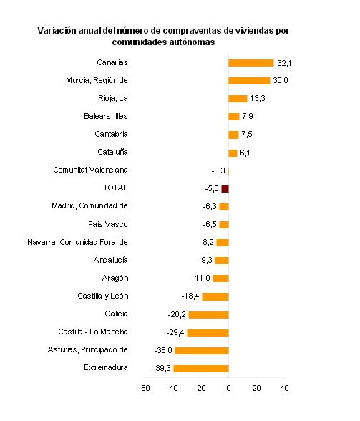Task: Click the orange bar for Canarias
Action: coord(251,63)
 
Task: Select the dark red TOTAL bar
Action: coord(225,189)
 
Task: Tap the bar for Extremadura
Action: coord(201,369)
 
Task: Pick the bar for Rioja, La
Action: coord(238,99)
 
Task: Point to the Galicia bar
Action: coord(208,315)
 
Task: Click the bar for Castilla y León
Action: coord(215,296)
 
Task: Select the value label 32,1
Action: coord(284,63)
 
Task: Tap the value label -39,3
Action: coord(162,368)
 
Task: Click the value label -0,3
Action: coord(218,170)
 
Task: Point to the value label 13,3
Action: coord(258,99)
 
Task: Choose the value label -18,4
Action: coord(190,296)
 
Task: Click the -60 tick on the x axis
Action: coord(144,388)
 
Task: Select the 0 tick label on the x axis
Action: coord(228,388)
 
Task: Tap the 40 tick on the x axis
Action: coord(284,388)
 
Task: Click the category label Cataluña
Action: coord(112,152)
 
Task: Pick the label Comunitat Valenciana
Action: coord(90,170)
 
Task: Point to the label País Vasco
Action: coord(107,224)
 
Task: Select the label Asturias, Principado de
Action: coord(87,349)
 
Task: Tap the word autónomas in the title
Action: coord(193,42)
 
